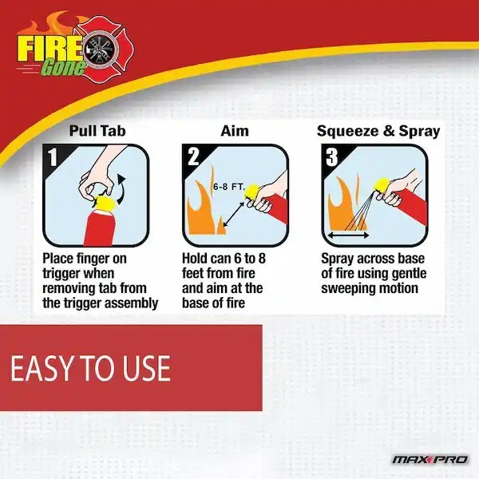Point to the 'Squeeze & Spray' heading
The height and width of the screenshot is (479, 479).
pyautogui.click(x=378, y=131)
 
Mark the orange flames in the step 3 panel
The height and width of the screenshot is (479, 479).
pyautogui.click(x=342, y=204)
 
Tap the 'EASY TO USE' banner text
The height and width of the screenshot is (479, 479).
pyautogui.click(x=90, y=368)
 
